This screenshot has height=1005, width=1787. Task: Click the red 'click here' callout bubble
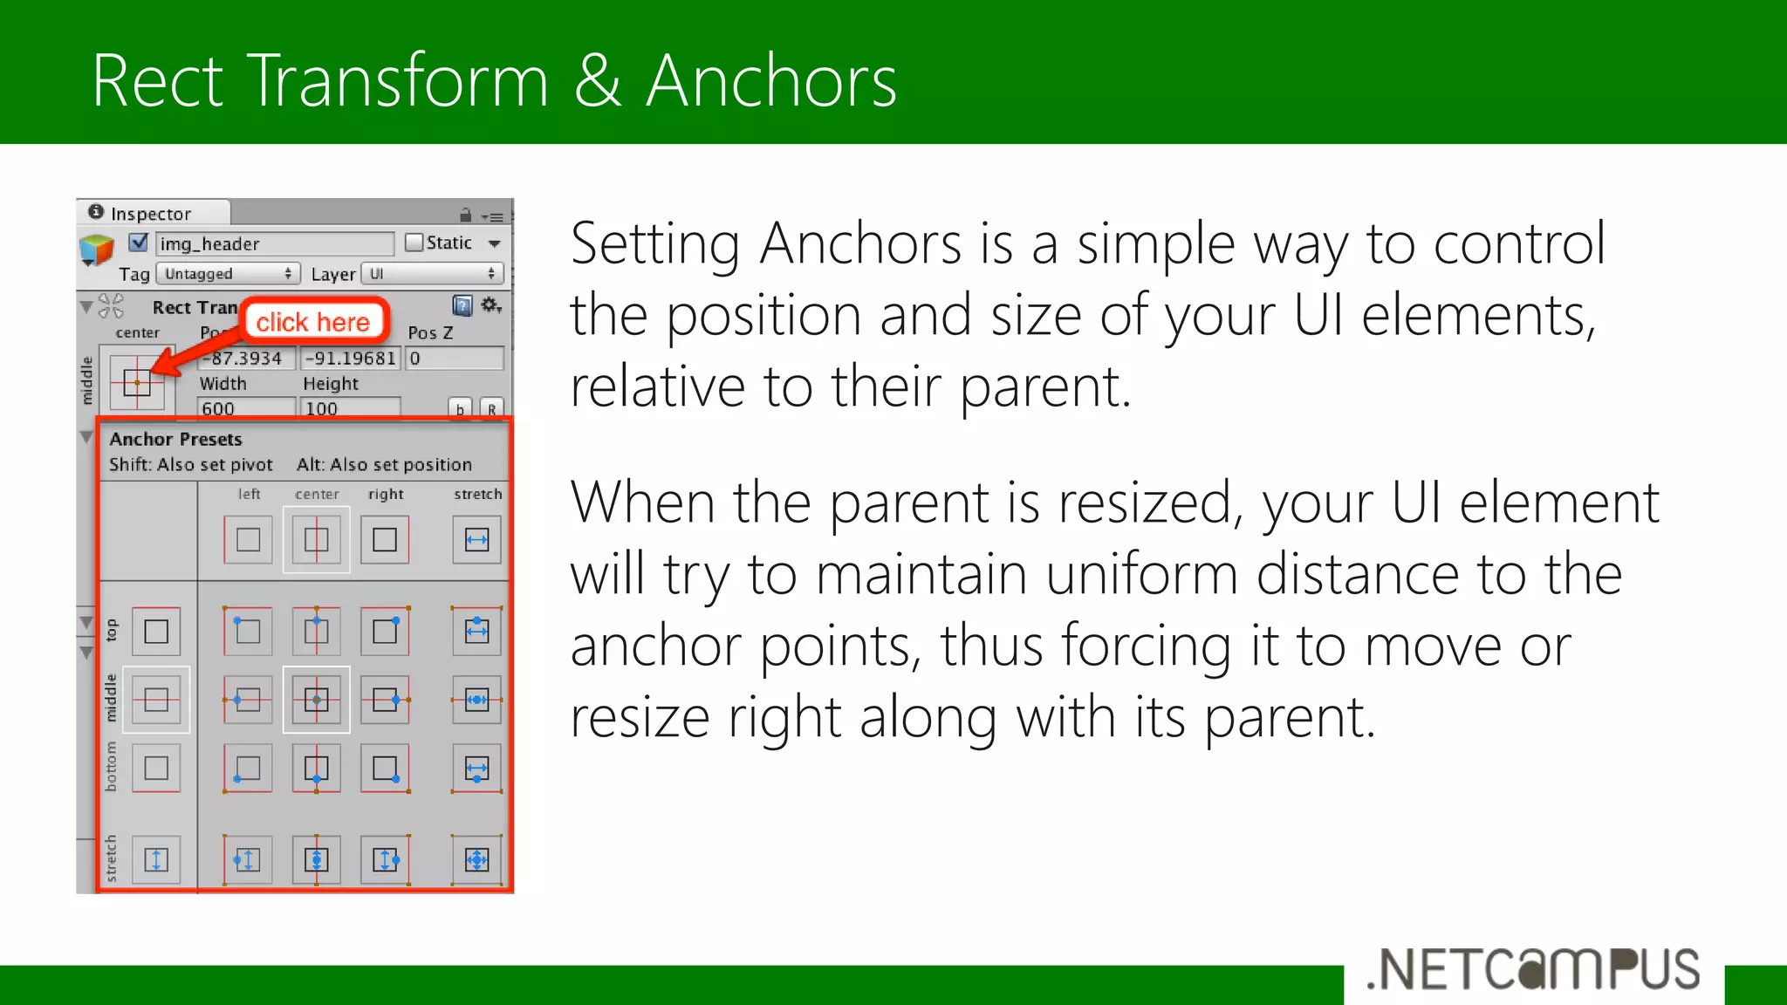point(313,322)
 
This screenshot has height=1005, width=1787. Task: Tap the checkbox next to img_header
point(139,243)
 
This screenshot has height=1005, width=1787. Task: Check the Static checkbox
point(414,243)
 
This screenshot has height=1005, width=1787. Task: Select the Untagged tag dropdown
point(229,274)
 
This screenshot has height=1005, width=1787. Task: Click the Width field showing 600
point(247,407)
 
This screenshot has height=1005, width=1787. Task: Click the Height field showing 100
point(350,407)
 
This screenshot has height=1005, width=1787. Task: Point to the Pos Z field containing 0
point(455,359)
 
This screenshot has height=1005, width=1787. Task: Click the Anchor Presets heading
point(175,439)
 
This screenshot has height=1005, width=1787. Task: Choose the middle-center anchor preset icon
point(317,700)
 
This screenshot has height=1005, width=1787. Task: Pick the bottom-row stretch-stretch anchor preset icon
point(476,860)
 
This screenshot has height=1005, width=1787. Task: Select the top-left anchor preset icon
point(248,631)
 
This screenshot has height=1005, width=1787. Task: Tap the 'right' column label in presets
point(386,494)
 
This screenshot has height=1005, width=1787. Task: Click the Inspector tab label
point(150,214)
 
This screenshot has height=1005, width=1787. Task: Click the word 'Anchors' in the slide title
point(771,81)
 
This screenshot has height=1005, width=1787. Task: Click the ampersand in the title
point(598,81)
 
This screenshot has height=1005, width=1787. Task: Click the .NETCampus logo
point(1533,969)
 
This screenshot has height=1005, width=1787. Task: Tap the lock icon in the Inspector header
point(465,215)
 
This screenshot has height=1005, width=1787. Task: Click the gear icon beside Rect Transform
point(490,304)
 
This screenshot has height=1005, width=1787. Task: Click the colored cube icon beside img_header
point(96,249)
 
